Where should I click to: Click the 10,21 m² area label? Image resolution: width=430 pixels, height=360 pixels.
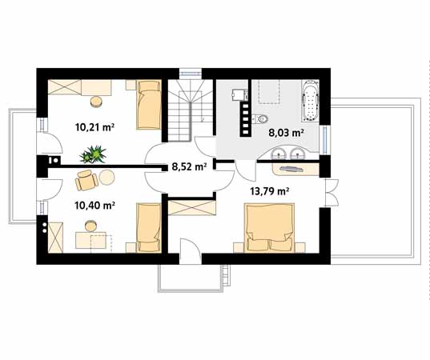pos(94,127)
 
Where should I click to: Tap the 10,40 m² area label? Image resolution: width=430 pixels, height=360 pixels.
pos(94,206)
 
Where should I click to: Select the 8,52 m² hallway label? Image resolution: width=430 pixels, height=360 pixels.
pos(189,166)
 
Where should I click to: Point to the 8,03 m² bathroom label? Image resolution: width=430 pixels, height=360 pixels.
pos(286,133)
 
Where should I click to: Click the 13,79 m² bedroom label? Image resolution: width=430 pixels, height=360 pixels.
pos(270,191)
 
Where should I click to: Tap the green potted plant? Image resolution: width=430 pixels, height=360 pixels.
pos(93,154)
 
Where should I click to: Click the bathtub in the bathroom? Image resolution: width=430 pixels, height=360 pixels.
pos(311,101)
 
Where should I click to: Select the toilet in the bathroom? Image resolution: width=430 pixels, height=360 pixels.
pos(260,119)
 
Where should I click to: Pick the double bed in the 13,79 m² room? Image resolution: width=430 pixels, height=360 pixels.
pos(269,228)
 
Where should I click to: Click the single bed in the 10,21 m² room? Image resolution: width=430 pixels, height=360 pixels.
pos(148,104)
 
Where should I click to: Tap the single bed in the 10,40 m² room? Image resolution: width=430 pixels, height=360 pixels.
pos(148,228)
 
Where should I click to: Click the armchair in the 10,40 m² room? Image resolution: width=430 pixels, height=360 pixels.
pos(86,180)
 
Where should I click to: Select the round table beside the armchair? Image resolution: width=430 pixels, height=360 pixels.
pos(106,178)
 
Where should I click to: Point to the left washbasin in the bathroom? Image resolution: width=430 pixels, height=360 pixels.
pos(279,153)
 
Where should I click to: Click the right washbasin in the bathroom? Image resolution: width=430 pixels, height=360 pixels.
pos(297,153)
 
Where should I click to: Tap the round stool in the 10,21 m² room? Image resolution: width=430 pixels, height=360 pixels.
pos(96,102)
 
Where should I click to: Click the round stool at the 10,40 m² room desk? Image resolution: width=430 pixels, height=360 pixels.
pos(91,226)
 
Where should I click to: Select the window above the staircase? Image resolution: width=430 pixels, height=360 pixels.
pos(191,73)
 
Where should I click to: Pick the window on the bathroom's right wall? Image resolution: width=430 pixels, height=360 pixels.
pos(325,140)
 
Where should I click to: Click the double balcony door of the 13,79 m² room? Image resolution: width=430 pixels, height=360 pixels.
pos(332,193)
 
